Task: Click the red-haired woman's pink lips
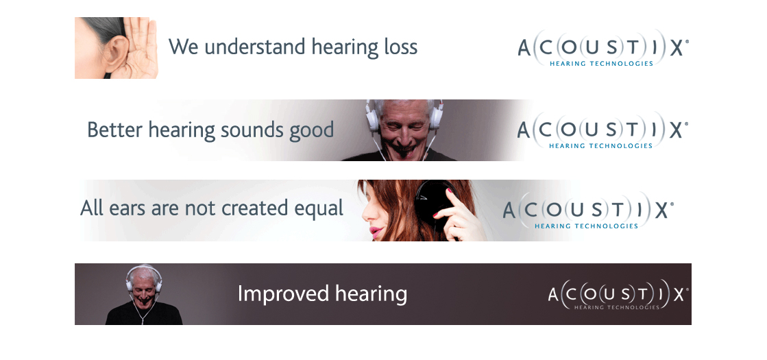pos(375,232)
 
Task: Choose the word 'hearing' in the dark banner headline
pos(372,294)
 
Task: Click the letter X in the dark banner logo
pos(679,295)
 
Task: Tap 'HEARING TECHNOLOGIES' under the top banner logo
pos(601,64)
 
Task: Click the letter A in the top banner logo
pos(524,49)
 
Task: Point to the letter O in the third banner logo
pos(552,211)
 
